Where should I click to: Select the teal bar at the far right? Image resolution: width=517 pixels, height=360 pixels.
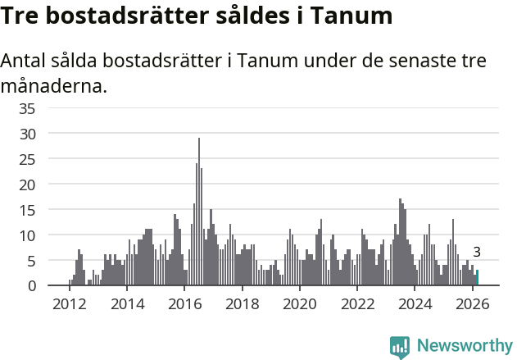point(477,278)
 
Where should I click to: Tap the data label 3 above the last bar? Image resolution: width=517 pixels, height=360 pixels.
point(477,253)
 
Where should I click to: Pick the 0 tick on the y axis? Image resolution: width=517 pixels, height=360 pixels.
point(55,285)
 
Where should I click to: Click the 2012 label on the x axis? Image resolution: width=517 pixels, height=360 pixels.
point(69,304)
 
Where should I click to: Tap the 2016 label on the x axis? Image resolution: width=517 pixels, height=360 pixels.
point(184,304)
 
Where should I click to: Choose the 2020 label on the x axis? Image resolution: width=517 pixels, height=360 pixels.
point(300,304)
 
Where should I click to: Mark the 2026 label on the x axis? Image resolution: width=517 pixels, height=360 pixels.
point(473,304)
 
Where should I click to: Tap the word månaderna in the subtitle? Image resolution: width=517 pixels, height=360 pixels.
point(54,85)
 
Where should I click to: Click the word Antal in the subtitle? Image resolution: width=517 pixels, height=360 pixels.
point(25,62)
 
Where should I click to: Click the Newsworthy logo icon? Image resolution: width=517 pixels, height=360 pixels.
point(400,346)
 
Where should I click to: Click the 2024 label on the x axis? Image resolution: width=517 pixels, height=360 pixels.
point(415,304)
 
